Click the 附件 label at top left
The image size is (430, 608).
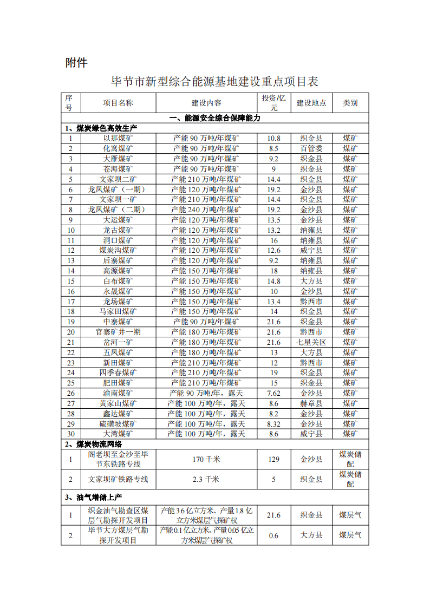(76, 63)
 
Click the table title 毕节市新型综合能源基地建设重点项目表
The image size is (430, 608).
(214, 82)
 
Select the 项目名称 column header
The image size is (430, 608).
(118, 103)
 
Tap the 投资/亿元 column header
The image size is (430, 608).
(274, 103)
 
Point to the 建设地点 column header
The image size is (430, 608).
(311, 103)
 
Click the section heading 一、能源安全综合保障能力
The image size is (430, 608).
(214, 118)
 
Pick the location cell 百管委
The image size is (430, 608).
(311, 148)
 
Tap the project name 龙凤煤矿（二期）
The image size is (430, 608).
(118, 210)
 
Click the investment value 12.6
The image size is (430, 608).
(274, 250)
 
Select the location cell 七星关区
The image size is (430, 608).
(311, 342)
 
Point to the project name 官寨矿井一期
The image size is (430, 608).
(118, 332)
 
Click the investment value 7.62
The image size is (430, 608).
(274, 393)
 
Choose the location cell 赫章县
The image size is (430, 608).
(311, 403)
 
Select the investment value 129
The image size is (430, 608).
(274, 459)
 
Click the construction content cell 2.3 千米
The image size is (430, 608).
(206, 479)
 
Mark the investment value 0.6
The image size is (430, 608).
(274, 535)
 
